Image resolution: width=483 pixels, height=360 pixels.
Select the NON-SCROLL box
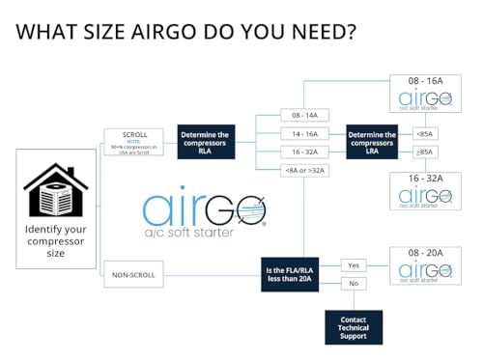pyautogui.click(x=133, y=274)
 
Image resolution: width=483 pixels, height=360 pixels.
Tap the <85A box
pyautogui.click(x=425, y=132)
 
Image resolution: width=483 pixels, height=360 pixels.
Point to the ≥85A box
pyautogui.click(x=425, y=152)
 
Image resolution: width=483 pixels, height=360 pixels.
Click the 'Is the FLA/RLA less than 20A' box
pyautogui.click(x=298, y=274)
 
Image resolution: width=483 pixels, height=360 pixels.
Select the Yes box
pyautogui.click(x=353, y=264)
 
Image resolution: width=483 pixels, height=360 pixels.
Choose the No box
pyautogui.click(x=353, y=284)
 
